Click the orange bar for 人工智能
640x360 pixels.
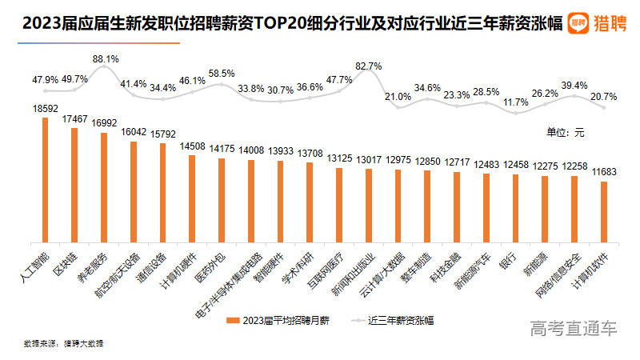click(45, 180)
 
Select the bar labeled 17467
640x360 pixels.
click(74, 185)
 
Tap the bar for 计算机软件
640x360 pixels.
click(604, 212)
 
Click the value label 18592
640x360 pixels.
click(46, 106)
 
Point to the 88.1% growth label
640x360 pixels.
click(105, 59)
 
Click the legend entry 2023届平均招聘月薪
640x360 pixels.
click(285, 320)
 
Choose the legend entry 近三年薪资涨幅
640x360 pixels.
click(400, 320)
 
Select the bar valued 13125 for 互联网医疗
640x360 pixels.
click(339, 205)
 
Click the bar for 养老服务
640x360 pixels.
click(104, 187)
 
